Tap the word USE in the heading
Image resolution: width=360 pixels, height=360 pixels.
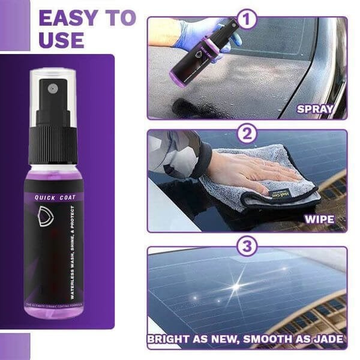(61, 40)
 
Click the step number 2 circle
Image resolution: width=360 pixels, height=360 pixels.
(247, 133)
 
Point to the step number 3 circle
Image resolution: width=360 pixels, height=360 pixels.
(247, 246)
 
